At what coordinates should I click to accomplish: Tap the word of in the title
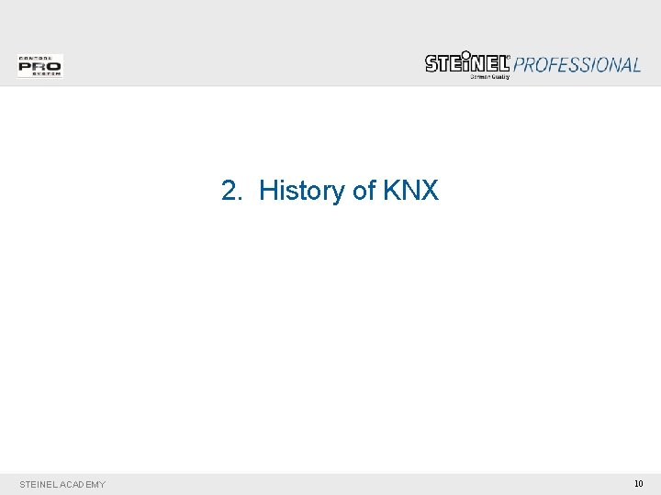(364, 191)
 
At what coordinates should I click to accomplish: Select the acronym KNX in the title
(410, 191)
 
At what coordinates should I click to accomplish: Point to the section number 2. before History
(231, 191)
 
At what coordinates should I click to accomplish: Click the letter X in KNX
(430, 191)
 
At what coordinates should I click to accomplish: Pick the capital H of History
(268, 191)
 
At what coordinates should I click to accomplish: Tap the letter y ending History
(340, 193)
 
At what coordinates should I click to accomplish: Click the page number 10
(639, 483)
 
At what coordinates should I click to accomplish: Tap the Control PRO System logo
(39, 66)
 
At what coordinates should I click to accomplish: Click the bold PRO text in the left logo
(39, 66)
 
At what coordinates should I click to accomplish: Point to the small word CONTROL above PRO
(39, 58)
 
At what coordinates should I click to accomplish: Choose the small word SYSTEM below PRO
(39, 74)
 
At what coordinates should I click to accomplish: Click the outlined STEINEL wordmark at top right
(466, 63)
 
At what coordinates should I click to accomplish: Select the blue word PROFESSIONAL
(577, 65)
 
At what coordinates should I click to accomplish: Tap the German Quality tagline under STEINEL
(489, 77)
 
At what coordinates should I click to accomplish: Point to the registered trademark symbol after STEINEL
(510, 57)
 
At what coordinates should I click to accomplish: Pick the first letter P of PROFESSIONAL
(520, 65)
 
